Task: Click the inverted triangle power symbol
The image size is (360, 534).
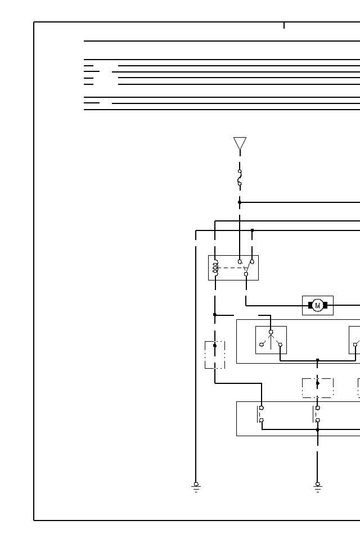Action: (x=240, y=143)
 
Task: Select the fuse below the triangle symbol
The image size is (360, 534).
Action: (x=240, y=177)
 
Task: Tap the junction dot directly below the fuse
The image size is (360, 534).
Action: (x=240, y=202)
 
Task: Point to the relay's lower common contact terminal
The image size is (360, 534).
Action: (x=246, y=274)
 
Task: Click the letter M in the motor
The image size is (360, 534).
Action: (x=317, y=306)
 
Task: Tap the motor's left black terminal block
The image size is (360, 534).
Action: (x=310, y=305)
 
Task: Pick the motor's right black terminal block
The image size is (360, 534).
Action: (x=325, y=305)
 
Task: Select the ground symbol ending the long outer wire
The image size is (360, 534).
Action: (x=196, y=486)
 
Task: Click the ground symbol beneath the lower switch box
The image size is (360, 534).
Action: (x=317, y=486)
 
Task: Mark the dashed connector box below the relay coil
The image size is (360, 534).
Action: (x=215, y=355)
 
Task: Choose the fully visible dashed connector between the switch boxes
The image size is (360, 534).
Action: (x=317, y=387)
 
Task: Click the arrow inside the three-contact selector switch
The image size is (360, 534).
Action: (x=271, y=339)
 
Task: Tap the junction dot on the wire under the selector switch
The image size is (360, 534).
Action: (x=317, y=360)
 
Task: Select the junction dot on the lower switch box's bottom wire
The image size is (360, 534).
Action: (x=317, y=430)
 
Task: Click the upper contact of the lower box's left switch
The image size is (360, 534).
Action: (x=262, y=408)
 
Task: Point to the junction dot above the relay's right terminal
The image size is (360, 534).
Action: (x=252, y=230)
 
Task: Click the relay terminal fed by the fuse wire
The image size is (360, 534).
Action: (x=240, y=261)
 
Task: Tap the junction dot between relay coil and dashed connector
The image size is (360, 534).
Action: (x=215, y=315)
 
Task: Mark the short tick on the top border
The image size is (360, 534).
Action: (x=284, y=25)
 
